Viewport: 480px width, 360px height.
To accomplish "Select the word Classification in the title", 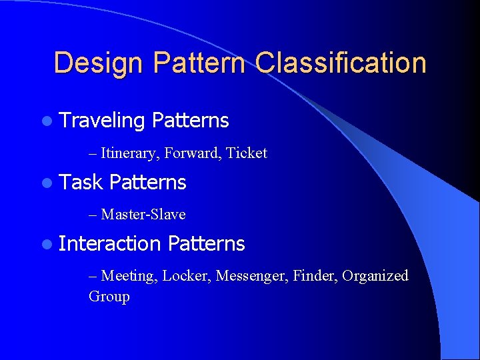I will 340,63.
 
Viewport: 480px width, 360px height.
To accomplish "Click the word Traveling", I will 102,121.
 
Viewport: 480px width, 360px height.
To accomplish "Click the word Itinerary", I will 130,153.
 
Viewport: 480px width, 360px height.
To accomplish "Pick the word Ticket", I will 247,153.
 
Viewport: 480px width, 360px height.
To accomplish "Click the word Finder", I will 315,275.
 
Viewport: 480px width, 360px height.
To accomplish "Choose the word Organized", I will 375,276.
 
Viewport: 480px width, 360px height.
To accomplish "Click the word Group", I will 109,297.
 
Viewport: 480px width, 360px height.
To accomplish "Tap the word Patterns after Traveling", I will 190,121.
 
